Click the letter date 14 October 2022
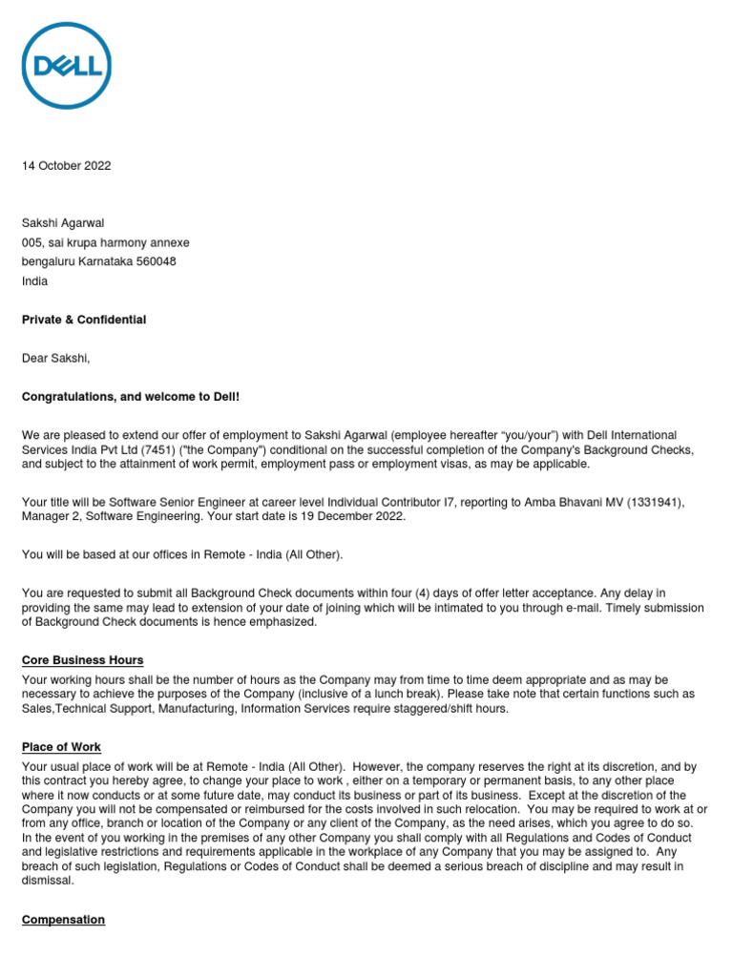(x=66, y=166)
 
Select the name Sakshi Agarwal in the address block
(x=64, y=222)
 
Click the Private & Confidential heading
(x=84, y=320)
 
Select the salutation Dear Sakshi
(x=55, y=359)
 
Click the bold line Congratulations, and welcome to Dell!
(x=131, y=397)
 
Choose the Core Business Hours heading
(x=82, y=660)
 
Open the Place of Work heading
(x=61, y=747)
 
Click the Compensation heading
(x=63, y=920)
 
